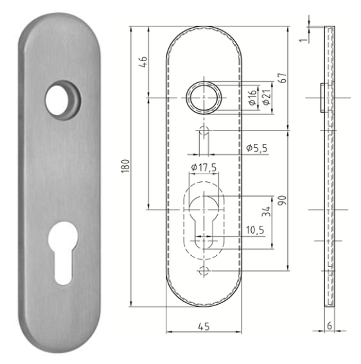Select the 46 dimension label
pyautogui.click(x=143, y=62)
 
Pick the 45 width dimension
pyautogui.click(x=204, y=326)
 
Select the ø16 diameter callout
pyautogui.click(x=252, y=98)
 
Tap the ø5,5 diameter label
pyautogui.click(x=257, y=149)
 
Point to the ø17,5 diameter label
pyautogui.click(x=203, y=168)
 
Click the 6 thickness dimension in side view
pyautogui.click(x=329, y=326)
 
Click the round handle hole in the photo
pyautogui.click(x=62, y=99)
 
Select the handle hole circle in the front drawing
pyautogui.click(x=204, y=98)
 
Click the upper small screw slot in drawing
pyautogui.click(x=204, y=134)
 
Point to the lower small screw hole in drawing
pyautogui.click(x=204, y=271)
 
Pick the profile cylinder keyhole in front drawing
pyautogui.click(x=204, y=222)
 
